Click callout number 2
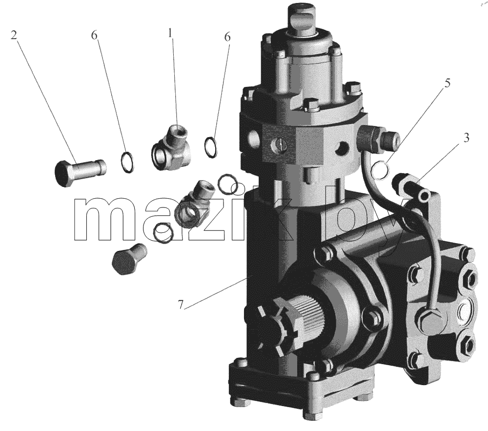pyautogui.click(x=14, y=35)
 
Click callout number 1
pyautogui.click(x=170, y=33)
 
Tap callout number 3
pyautogui.click(x=466, y=138)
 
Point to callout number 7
pyautogui.click(x=181, y=305)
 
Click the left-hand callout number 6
pyautogui.click(x=94, y=35)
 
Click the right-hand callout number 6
pyautogui.click(x=227, y=37)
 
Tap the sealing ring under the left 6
pyautogui.click(x=127, y=162)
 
